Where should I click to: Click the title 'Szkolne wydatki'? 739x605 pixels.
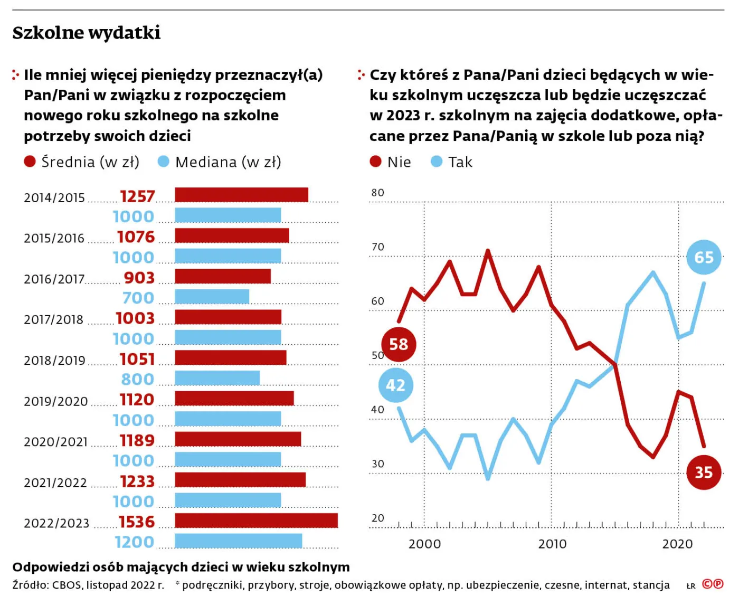(86, 33)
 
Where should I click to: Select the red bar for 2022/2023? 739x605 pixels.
(256, 521)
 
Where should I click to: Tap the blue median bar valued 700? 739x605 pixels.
(212, 297)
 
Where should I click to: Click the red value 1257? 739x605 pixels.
(137, 196)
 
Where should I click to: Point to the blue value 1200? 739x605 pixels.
(135, 542)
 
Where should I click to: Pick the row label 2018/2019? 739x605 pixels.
(54, 361)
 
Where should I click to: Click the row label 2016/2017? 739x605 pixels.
(54, 279)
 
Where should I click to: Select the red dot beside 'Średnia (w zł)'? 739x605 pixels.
(30, 162)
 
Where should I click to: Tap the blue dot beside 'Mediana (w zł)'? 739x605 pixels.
(164, 162)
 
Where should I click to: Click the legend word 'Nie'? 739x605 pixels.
(399, 162)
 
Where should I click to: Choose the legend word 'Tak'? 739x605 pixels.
(460, 162)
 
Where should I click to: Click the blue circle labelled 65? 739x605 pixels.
(704, 257)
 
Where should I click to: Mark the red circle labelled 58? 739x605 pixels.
(399, 344)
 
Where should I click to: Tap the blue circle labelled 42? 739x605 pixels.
(395, 385)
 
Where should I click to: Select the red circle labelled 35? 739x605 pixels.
(704, 472)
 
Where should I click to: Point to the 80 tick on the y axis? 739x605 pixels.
(377, 193)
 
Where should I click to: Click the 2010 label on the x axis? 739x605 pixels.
(552, 544)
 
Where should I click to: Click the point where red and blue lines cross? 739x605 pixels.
(615, 364)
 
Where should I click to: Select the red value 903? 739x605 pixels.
(139, 278)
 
